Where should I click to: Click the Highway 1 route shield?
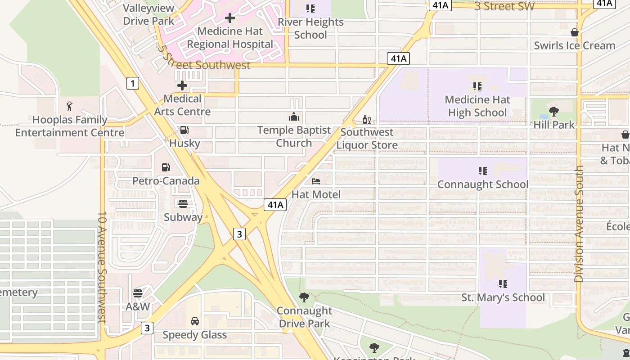click(x=132, y=83)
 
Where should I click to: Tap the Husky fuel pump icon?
click(x=184, y=130)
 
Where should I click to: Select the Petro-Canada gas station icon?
click(x=166, y=167)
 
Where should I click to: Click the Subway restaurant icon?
click(x=183, y=203)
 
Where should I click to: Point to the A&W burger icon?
click(x=138, y=293)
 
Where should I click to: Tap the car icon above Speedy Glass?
click(x=195, y=321)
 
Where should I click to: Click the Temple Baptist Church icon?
click(x=294, y=117)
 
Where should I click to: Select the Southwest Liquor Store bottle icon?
click(x=367, y=119)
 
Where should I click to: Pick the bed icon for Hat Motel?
click(x=316, y=181)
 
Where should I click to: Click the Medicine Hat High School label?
click(x=477, y=106)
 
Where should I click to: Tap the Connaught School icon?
click(x=483, y=171)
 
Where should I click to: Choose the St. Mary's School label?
click(x=503, y=297)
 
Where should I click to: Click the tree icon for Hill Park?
click(x=554, y=112)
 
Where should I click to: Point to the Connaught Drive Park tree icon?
click(x=304, y=297)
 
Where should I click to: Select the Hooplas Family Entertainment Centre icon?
click(x=69, y=107)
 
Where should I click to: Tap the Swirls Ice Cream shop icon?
click(x=575, y=32)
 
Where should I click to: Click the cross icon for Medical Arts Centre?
click(x=182, y=85)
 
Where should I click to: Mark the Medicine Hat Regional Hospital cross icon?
click(x=230, y=18)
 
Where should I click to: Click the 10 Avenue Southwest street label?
click(x=102, y=267)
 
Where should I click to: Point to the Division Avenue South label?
click(x=579, y=224)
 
